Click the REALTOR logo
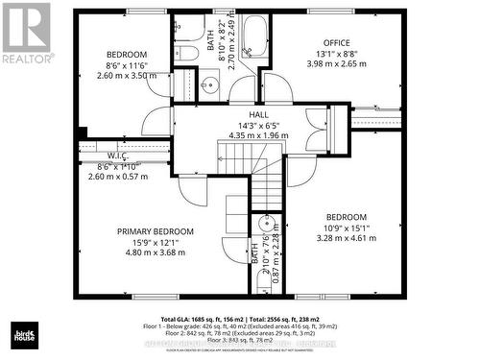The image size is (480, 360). pos(26,33)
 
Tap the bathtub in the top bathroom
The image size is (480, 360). pos(253,39)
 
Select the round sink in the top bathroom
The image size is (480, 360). pos(213,81)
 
